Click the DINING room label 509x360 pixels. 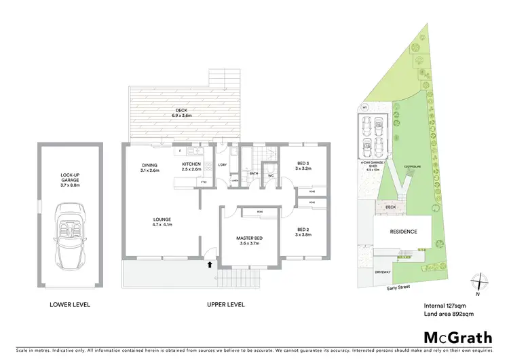pyautogui.click(x=149, y=166)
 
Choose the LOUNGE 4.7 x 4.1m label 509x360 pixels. pyautogui.click(x=162, y=221)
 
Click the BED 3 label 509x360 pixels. pyautogui.click(x=304, y=166)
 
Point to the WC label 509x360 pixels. pyautogui.click(x=270, y=175)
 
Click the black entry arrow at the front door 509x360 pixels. pyautogui.click(x=210, y=264)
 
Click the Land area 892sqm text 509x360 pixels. pyautogui.click(x=449, y=312)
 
